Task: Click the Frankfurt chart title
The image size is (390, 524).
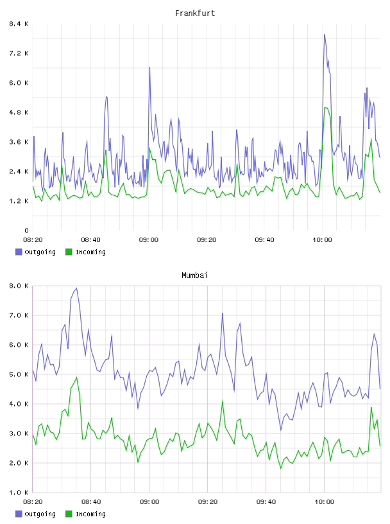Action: click(195, 13)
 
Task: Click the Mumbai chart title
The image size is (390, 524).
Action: click(194, 275)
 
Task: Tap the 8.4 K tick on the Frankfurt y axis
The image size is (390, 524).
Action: click(19, 24)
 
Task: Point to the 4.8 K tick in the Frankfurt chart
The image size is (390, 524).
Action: click(19, 112)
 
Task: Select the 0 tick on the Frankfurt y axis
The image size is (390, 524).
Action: click(26, 231)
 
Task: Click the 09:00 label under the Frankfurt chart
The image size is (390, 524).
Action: click(149, 240)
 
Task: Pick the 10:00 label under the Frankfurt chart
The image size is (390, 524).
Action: click(322, 240)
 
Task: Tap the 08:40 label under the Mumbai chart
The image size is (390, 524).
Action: click(91, 502)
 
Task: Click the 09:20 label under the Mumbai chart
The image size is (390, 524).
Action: click(208, 502)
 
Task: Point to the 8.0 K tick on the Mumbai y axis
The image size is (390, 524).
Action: click(19, 286)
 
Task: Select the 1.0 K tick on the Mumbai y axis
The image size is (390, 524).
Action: click(19, 493)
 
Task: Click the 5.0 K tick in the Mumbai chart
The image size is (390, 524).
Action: click(19, 374)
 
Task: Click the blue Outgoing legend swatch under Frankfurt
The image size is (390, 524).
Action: click(19, 252)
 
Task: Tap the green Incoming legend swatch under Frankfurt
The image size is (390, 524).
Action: click(69, 252)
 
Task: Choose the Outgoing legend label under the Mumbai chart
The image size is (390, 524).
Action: click(40, 514)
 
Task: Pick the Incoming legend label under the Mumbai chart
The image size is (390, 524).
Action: click(90, 514)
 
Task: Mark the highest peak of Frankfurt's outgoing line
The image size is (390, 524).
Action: click(324, 35)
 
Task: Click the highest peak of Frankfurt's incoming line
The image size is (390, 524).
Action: click(325, 108)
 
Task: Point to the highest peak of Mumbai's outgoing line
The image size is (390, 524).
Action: click(77, 288)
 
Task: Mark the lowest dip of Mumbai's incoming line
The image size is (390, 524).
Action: click(281, 468)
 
